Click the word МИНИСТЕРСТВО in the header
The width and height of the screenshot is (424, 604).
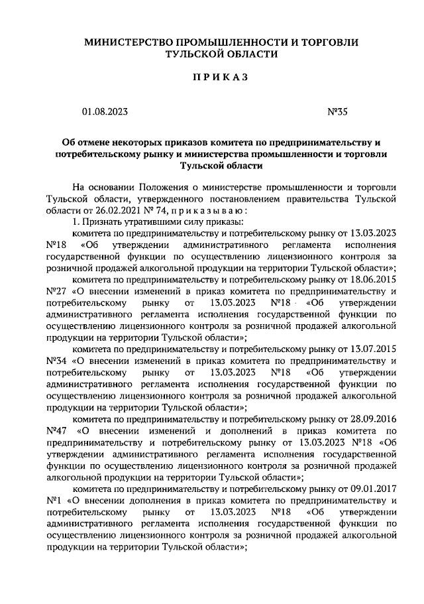coord(130,42)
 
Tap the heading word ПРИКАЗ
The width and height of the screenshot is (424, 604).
coord(220,78)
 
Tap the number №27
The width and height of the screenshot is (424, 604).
coord(58,291)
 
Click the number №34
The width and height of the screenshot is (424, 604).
coord(58,361)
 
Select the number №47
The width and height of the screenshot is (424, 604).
coord(58,431)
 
